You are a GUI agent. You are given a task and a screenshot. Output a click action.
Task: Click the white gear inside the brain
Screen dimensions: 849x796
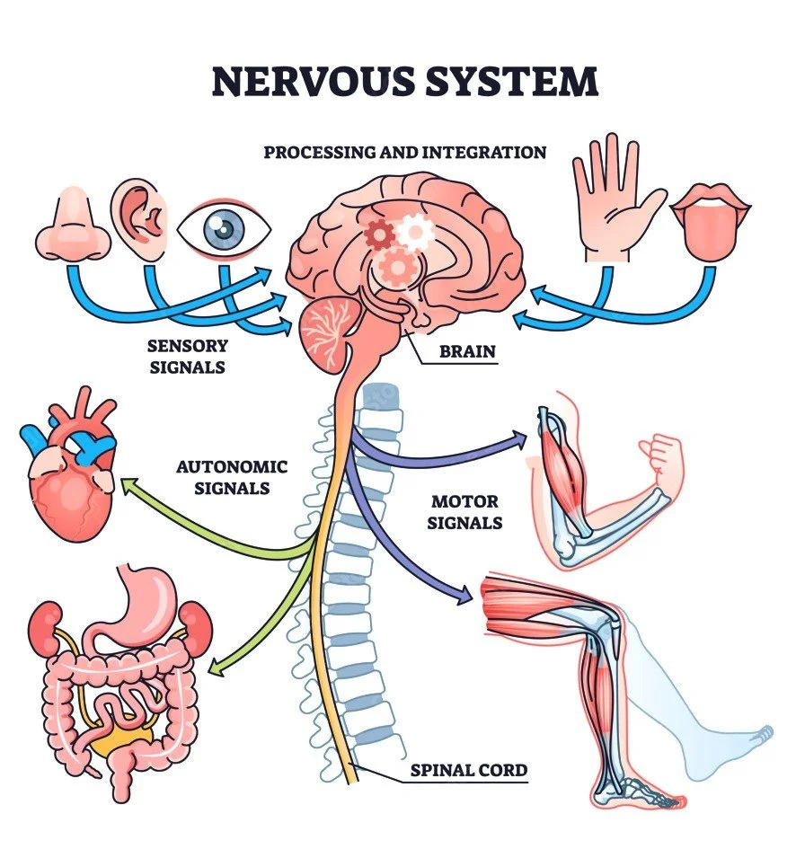[x=415, y=233]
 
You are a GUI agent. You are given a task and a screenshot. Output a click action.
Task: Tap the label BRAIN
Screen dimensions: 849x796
[x=467, y=350]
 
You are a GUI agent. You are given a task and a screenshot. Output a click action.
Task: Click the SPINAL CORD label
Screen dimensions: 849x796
[x=468, y=770]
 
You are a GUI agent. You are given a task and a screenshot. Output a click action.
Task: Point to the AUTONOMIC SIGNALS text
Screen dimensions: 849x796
[x=232, y=477]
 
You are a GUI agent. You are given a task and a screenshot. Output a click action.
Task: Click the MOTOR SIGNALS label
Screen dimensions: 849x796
[x=465, y=512]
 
